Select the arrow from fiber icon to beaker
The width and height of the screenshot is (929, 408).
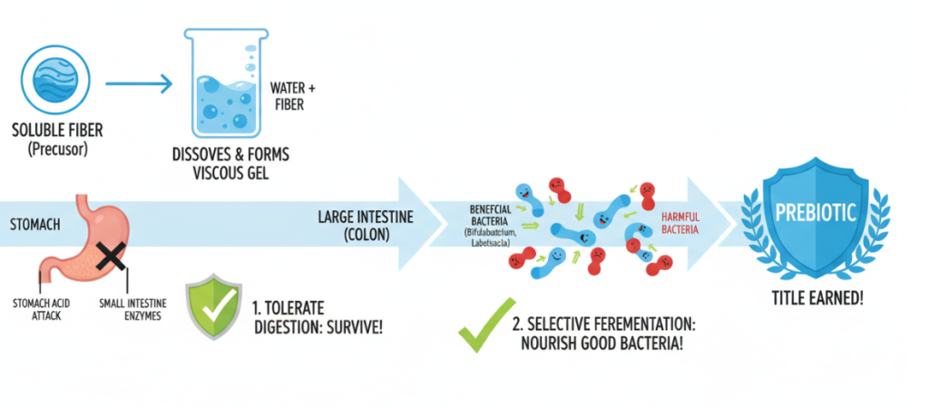click(x=138, y=86)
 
